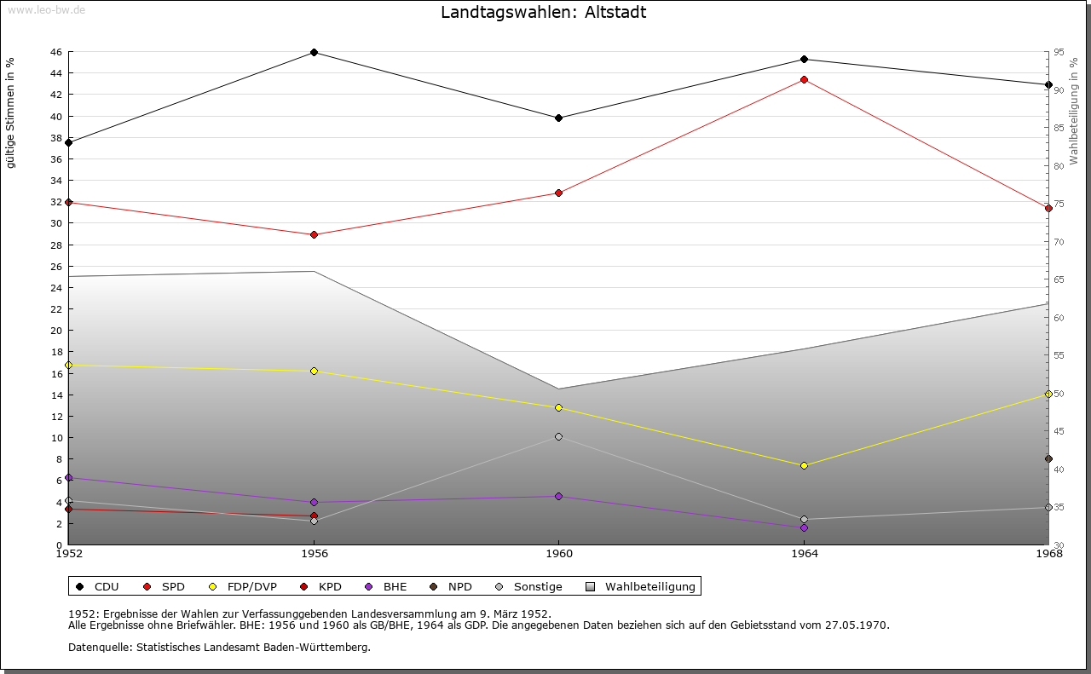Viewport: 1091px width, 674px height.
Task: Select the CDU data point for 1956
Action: [314, 53]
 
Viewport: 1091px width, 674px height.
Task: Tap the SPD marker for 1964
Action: [804, 80]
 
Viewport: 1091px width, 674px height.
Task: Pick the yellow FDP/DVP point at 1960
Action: [558, 408]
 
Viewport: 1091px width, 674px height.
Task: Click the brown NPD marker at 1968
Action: [1048, 459]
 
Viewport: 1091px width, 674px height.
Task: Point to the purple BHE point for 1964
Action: [804, 528]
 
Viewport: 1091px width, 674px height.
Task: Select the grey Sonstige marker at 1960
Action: [558, 437]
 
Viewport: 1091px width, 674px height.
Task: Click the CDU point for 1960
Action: [558, 118]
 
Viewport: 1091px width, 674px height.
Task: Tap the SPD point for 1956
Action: [314, 235]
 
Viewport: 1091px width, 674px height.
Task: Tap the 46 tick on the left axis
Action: [55, 52]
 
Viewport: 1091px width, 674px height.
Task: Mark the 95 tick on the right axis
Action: [1059, 52]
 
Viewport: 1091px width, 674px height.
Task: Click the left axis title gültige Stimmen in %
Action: [11, 113]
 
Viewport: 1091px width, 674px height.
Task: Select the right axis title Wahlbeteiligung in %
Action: [1075, 111]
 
